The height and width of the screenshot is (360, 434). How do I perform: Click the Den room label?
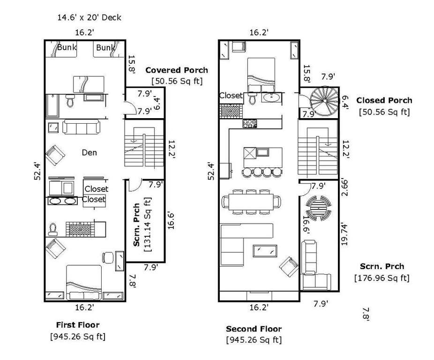(x=90, y=152)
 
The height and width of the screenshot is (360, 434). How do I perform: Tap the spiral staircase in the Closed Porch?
(x=324, y=101)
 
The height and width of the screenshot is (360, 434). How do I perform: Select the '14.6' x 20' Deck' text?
(x=89, y=18)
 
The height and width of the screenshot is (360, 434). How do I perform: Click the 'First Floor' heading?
(x=78, y=325)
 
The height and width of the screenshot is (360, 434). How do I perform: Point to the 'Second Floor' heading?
(x=254, y=329)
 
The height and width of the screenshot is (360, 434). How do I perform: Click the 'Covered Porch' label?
(x=177, y=70)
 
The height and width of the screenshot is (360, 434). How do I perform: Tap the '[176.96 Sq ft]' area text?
(x=382, y=278)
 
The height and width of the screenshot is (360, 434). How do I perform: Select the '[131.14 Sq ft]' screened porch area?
(x=148, y=225)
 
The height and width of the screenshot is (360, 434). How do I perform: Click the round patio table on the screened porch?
(x=319, y=208)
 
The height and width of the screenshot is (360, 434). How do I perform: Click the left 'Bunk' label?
(x=67, y=47)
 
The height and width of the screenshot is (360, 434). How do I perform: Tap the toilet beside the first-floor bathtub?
(x=70, y=100)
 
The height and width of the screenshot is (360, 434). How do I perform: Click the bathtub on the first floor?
(x=52, y=106)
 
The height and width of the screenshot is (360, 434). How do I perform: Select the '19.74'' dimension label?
(x=344, y=234)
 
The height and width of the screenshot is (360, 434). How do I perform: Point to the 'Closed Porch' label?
(x=384, y=100)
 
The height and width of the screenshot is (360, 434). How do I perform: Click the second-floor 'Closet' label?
(x=231, y=96)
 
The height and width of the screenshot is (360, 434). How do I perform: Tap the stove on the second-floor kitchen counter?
(x=250, y=123)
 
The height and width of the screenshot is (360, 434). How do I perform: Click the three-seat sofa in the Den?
(x=81, y=127)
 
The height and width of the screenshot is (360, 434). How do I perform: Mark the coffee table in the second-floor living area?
(x=265, y=251)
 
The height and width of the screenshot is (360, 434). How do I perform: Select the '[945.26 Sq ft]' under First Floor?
(x=78, y=337)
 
